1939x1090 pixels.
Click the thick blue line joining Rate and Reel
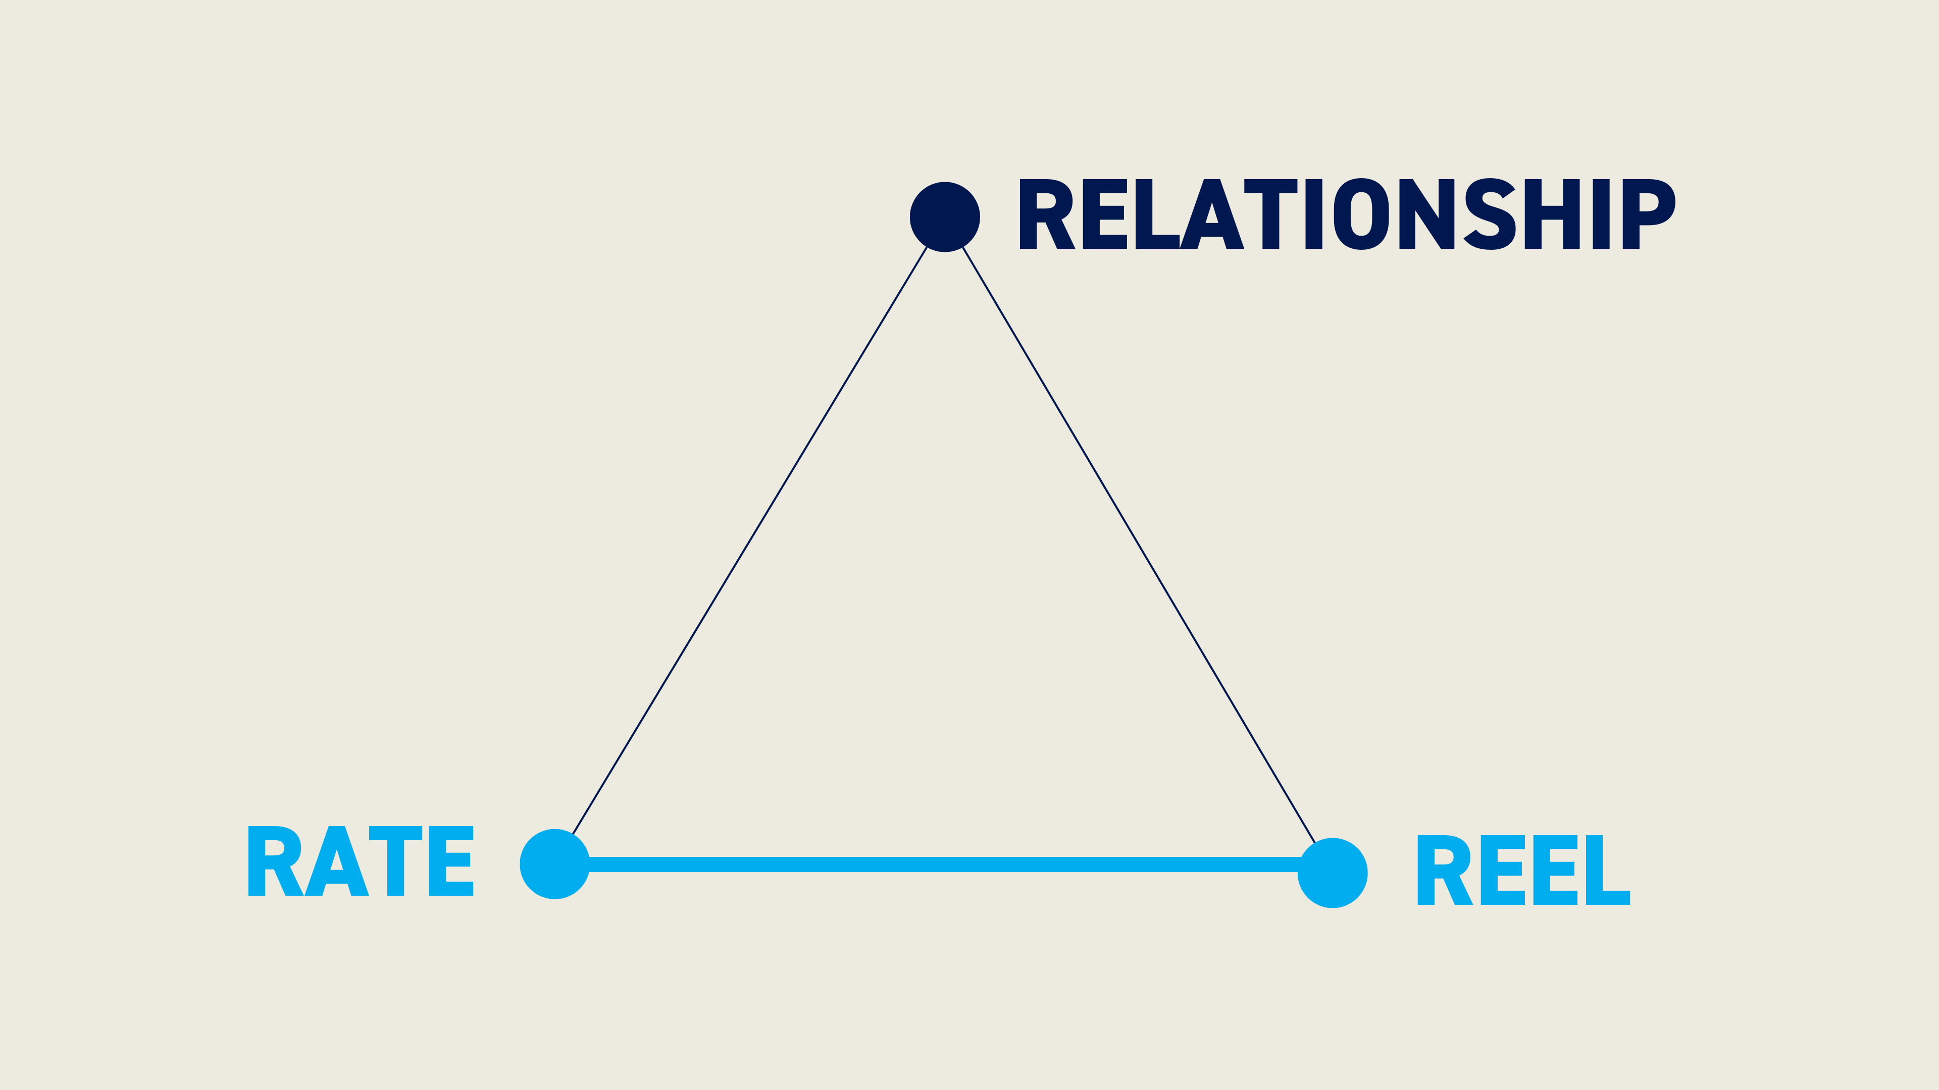pyautogui.click(x=944, y=864)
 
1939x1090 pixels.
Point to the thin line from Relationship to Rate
pyautogui.click(x=750, y=540)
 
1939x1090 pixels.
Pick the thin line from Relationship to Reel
pyautogui.click(x=1139, y=544)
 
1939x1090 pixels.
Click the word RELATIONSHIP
pyautogui.click(x=1347, y=213)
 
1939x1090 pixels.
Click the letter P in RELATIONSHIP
pyautogui.click(x=1649, y=213)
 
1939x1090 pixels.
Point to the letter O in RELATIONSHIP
pyautogui.click(x=1361, y=213)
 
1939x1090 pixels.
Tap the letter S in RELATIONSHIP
pyautogui.click(x=1490, y=213)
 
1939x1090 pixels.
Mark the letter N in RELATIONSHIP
pyautogui.click(x=1426, y=213)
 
